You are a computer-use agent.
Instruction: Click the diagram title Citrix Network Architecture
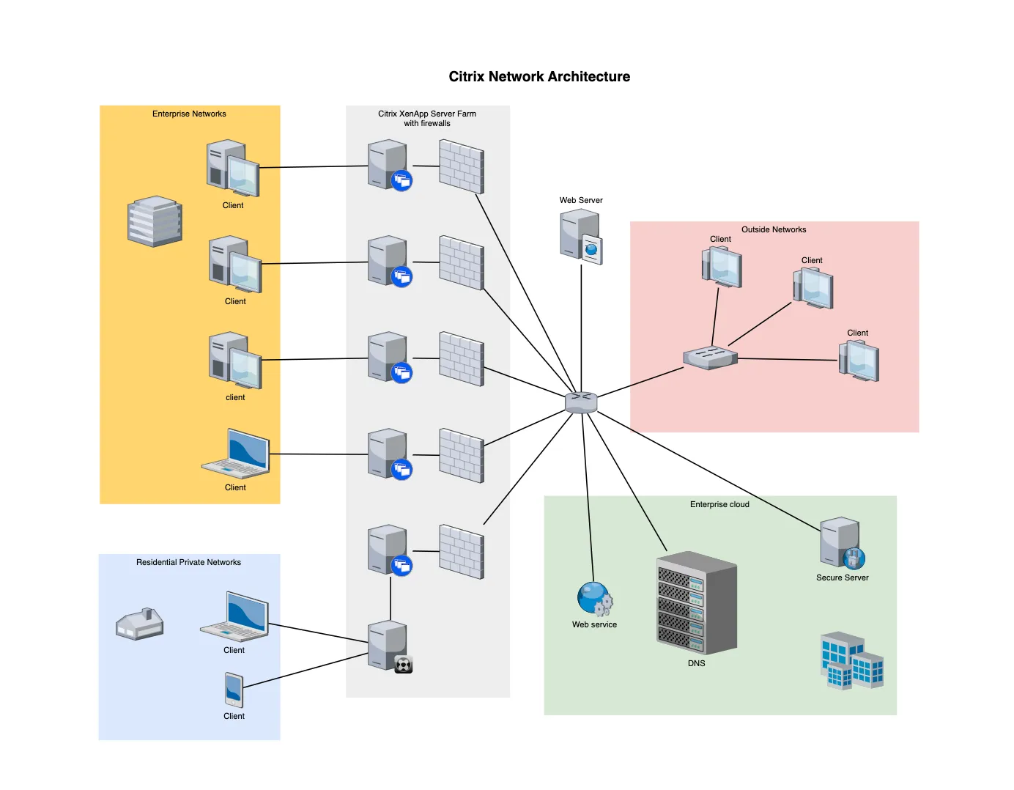coord(539,77)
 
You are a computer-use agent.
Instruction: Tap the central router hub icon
coord(581,402)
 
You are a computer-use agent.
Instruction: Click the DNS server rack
coord(696,603)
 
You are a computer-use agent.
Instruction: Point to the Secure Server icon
coord(842,543)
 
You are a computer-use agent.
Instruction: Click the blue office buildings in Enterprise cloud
coord(851,660)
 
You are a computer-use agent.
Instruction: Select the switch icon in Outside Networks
coord(710,358)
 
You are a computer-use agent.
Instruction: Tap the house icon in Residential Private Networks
coord(140,624)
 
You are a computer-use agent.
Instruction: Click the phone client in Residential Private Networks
coord(234,690)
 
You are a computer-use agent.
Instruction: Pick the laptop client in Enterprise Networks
coord(236,454)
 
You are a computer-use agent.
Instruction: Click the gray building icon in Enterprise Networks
coord(155,221)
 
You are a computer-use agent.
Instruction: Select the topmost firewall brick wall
coord(462,167)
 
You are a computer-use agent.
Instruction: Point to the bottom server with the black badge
coord(389,646)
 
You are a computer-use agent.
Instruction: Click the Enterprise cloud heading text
coord(719,504)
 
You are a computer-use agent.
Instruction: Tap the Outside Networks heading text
coord(774,229)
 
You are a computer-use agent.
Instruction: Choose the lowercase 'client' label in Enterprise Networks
coord(235,397)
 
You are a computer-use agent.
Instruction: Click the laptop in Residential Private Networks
coord(235,616)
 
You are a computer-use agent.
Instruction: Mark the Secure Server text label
coord(843,577)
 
